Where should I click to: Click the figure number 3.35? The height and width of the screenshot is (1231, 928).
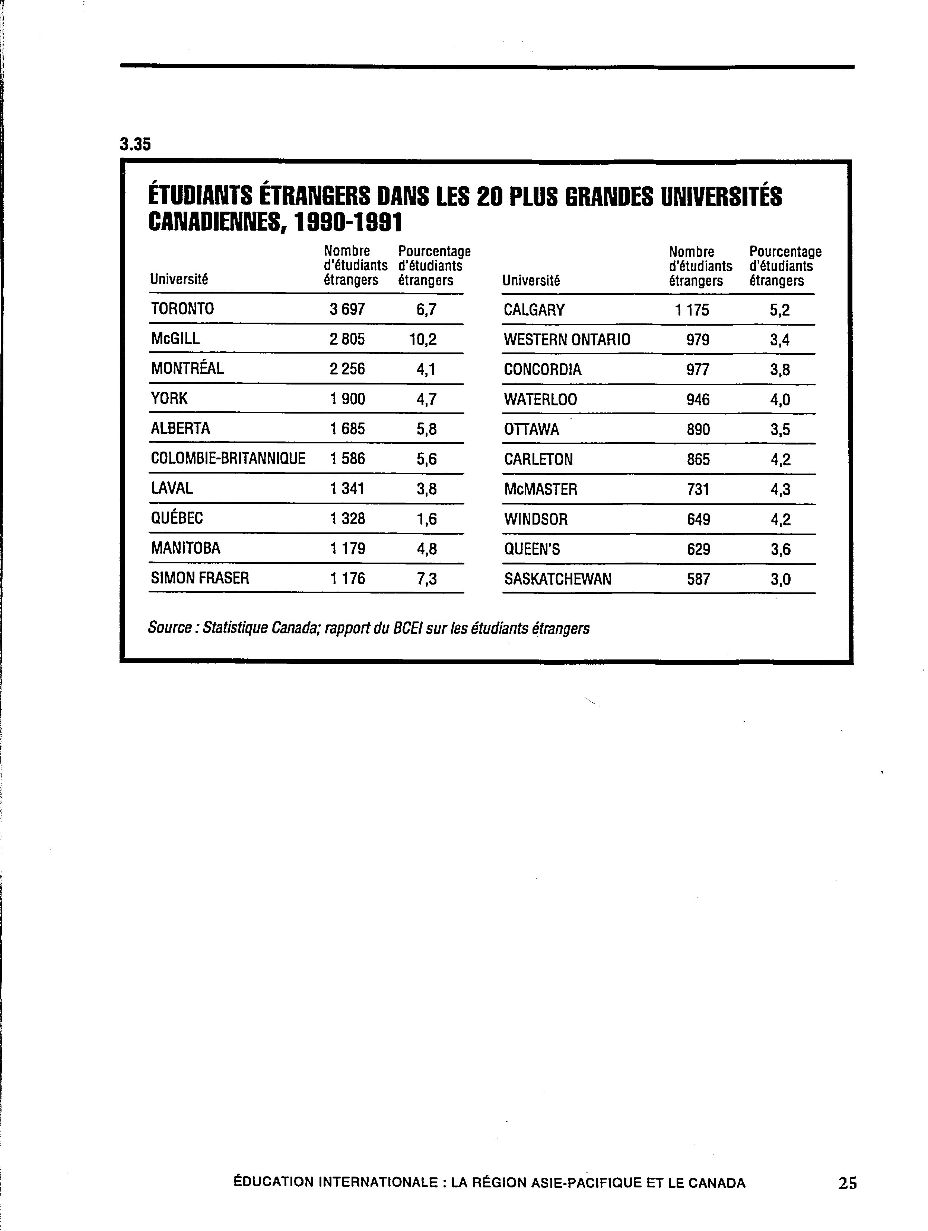(135, 145)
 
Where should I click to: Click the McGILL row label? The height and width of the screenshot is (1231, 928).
(175, 339)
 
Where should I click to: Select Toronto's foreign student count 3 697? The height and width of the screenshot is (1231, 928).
(347, 309)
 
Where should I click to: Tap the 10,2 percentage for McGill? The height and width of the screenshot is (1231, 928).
(423, 339)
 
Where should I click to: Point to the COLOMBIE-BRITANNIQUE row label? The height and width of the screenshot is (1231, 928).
(228, 459)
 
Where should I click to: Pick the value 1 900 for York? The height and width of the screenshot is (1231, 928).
(347, 398)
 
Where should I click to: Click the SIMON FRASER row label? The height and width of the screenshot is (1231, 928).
(200, 578)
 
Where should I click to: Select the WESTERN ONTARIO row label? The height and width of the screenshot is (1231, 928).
(567, 339)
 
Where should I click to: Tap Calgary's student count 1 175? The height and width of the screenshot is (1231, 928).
(692, 310)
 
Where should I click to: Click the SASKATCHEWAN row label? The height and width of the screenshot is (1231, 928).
(557, 579)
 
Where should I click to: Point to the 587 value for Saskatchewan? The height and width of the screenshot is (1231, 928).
(698, 579)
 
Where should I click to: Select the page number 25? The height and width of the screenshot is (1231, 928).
(847, 1198)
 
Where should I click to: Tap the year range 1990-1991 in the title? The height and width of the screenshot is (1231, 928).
(347, 223)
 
